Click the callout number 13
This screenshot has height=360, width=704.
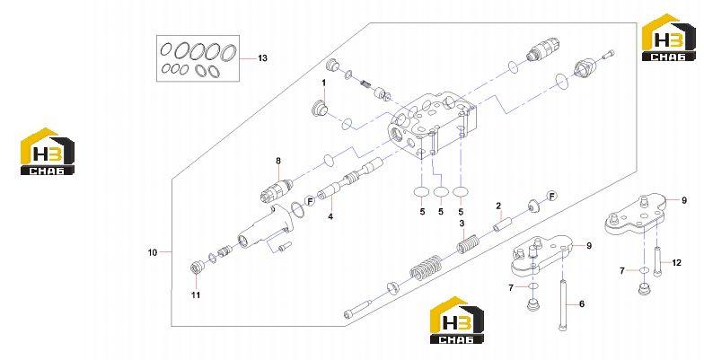[262, 58]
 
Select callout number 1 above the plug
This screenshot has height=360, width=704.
[323, 83]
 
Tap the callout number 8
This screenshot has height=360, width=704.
[278, 161]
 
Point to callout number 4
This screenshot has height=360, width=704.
[330, 216]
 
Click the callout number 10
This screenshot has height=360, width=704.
[153, 253]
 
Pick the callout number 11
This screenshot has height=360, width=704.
[196, 294]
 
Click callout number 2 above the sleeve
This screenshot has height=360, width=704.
[498, 206]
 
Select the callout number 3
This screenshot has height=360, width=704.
[462, 224]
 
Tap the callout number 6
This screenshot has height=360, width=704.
[582, 303]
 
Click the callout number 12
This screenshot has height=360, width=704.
[676, 262]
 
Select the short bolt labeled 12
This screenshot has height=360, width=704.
[657, 262]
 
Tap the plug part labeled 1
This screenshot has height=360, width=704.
[320, 109]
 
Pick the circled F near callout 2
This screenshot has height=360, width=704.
[551, 196]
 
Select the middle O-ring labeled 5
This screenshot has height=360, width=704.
[441, 192]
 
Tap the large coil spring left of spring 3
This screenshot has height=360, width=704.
[426, 268]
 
